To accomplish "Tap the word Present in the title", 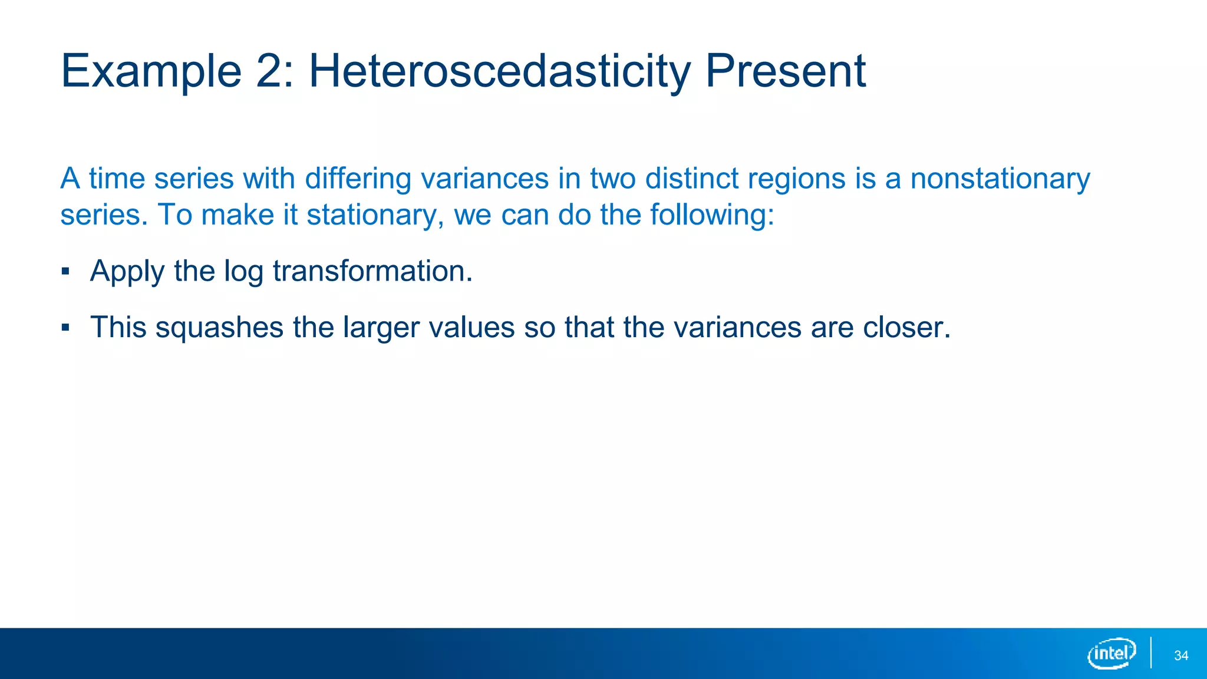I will (x=785, y=72).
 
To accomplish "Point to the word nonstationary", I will (x=1000, y=179).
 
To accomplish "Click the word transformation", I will (x=372, y=271).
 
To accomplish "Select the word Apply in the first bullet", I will (x=127, y=272).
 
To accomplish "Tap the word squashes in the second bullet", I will (x=219, y=328).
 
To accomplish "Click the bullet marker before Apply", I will (x=65, y=272).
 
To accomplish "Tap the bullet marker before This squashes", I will (x=65, y=328).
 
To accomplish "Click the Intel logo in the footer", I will (x=1111, y=653).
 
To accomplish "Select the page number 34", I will (x=1181, y=656).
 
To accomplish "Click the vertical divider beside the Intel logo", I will (x=1150, y=653).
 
